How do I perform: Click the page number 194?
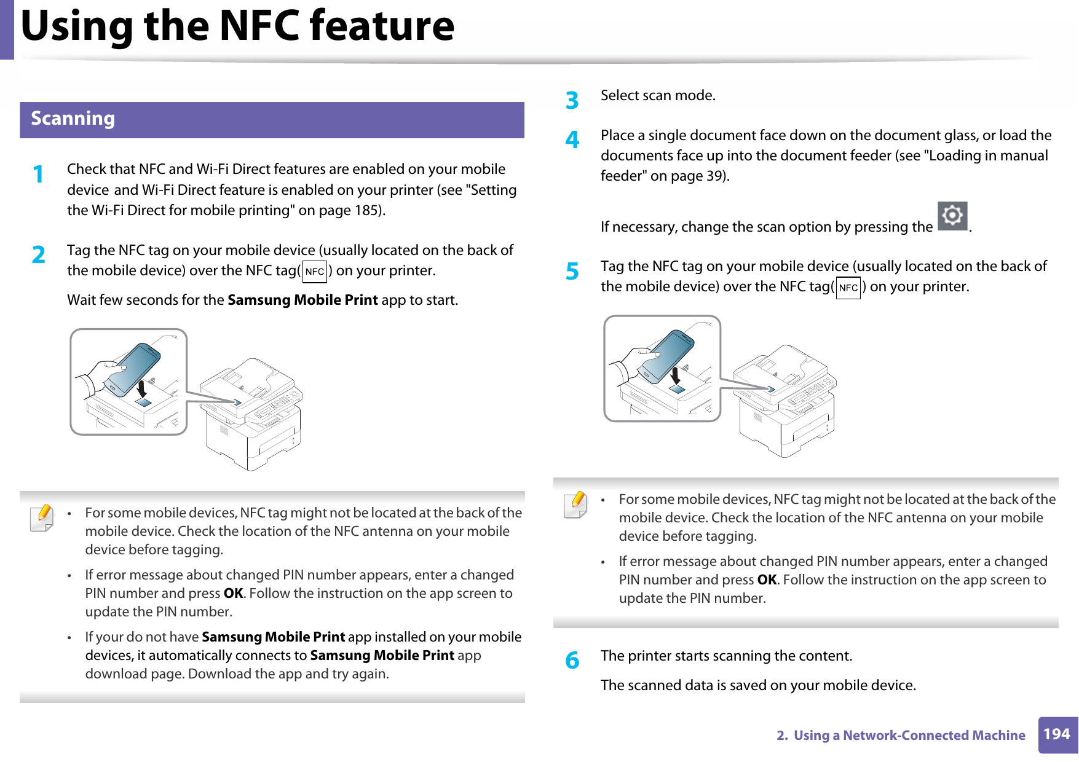[1057, 734]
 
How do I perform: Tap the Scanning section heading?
[73, 119]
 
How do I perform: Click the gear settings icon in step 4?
[952, 216]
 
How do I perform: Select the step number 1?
[39, 175]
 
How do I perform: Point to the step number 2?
[39, 255]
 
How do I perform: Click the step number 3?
[572, 100]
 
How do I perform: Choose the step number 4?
[572, 140]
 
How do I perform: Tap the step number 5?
[572, 271]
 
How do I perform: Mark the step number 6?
[572, 661]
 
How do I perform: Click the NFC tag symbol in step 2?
[315, 272]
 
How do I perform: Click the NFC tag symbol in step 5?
[848, 288]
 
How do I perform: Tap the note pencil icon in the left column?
[42, 517]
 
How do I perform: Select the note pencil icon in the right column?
[575, 505]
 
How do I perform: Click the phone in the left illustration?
[132, 369]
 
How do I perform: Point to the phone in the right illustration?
[666, 355]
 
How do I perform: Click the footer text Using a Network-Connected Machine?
[909, 736]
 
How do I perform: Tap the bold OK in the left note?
[233, 594]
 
